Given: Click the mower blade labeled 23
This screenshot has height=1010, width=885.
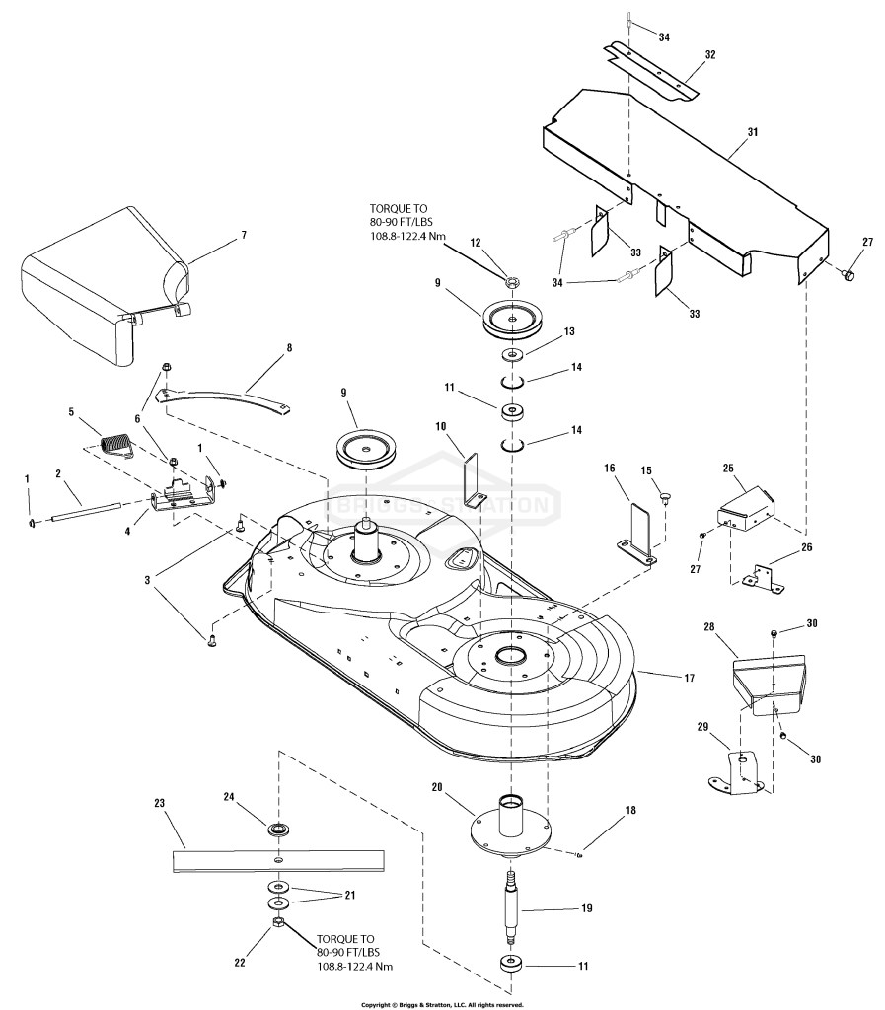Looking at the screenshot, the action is pyautogui.click(x=278, y=861).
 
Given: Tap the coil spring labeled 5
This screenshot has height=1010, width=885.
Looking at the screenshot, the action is pyautogui.click(x=117, y=445).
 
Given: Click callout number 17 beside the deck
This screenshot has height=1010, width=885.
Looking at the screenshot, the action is pyautogui.click(x=689, y=678).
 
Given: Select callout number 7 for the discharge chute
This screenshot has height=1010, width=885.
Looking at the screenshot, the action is pyautogui.click(x=244, y=235).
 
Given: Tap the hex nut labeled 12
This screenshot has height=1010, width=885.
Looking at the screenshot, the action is pyautogui.click(x=511, y=281).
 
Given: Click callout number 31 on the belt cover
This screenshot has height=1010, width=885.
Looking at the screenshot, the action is pyautogui.click(x=753, y=132).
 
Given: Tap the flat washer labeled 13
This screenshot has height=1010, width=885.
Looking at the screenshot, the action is pyautogui.click(x=513, y=354).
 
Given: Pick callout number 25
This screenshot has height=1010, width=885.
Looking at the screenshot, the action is pyautogui.click(x=728, y=469).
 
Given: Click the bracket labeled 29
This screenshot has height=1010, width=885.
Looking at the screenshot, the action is pyautogui.click(x=736, y=771).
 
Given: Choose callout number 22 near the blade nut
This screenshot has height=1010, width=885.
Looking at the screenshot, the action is pyautogui.click(x=240, y=963).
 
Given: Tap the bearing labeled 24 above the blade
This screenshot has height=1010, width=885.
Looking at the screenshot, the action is pyautogui.click(x=278, y=829).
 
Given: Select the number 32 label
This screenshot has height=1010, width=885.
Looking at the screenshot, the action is pyautogui.click(x=709, y=55).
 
